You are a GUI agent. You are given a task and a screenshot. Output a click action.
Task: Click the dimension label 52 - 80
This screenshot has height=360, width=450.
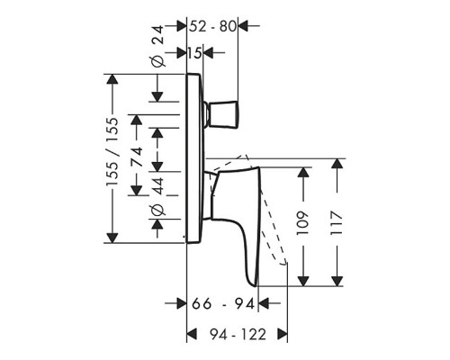point(212,26)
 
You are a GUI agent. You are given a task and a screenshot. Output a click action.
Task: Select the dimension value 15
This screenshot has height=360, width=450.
point(195,53)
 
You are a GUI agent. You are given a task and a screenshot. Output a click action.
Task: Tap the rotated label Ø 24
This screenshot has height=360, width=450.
point(157,47)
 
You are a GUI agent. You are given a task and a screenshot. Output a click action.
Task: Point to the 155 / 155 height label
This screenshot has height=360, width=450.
point(112,152)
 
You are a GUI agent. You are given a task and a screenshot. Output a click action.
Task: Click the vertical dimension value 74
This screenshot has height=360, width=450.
point(137,157)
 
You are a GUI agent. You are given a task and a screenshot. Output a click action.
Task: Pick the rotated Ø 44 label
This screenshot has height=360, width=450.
point(157,196)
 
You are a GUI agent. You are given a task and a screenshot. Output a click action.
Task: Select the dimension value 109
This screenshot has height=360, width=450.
point(303,223)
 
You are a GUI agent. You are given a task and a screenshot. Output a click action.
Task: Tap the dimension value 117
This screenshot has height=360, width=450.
point(337,223)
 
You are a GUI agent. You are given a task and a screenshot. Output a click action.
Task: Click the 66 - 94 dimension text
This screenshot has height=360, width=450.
point(223,303)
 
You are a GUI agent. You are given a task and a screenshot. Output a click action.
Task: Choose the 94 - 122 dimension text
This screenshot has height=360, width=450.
point(238,335)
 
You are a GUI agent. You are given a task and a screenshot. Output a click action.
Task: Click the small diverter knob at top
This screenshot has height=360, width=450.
point(223,114)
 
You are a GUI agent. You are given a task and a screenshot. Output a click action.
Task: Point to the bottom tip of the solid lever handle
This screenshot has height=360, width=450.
point(256,286)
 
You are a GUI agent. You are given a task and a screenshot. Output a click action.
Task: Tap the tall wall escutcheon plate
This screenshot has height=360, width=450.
point(193,158)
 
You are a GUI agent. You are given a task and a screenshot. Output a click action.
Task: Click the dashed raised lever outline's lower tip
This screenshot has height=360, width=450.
point(283,265)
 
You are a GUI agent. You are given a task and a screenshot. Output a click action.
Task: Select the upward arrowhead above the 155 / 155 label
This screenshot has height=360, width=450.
point(112,79)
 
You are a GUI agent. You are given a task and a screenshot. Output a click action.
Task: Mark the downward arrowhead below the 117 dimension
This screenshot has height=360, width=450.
point(337,281)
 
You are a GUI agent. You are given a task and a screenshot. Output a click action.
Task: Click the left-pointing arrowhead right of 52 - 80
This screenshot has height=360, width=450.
point(243,26)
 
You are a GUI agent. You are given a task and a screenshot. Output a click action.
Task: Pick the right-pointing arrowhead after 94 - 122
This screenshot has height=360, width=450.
point(283,334)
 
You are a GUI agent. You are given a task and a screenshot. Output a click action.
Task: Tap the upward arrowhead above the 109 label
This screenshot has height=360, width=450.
point(303,173)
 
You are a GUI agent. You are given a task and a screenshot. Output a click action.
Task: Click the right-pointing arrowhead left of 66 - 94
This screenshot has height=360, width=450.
point(182,303)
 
